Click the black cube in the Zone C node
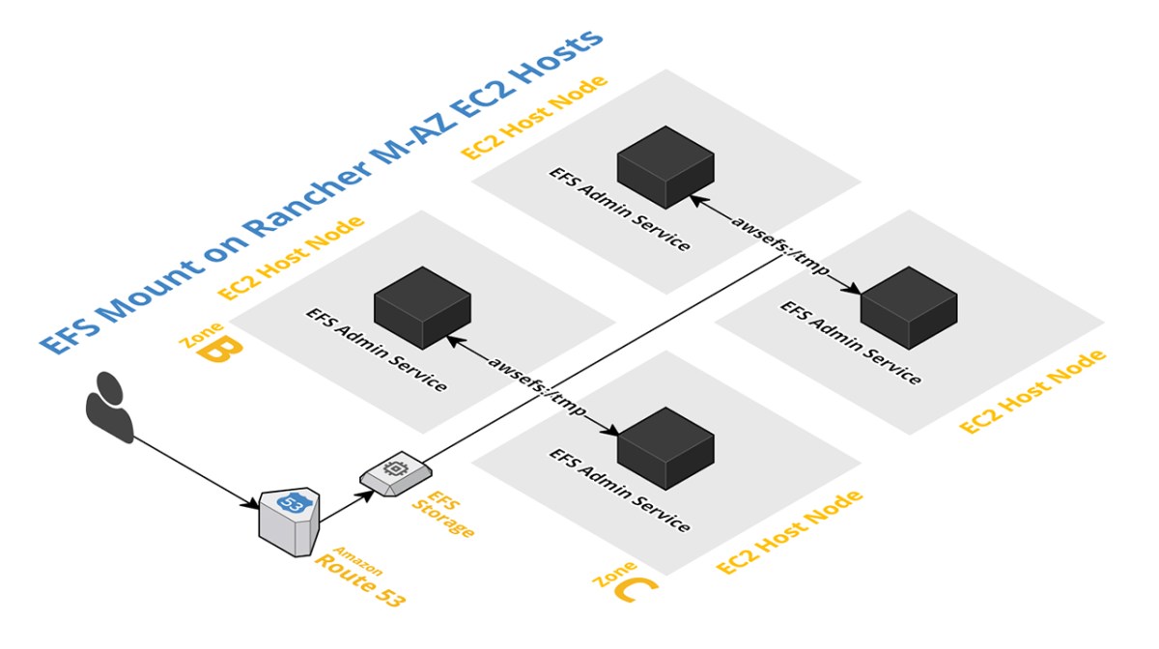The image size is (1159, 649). point(665,446)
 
